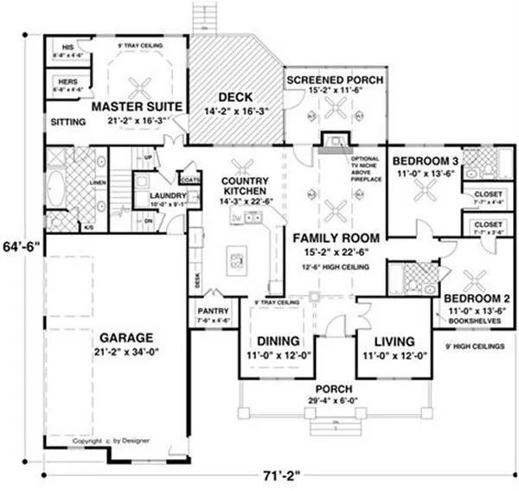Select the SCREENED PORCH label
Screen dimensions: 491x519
click(x=335, y=80)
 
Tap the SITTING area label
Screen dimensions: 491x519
click(x=68, y=123)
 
